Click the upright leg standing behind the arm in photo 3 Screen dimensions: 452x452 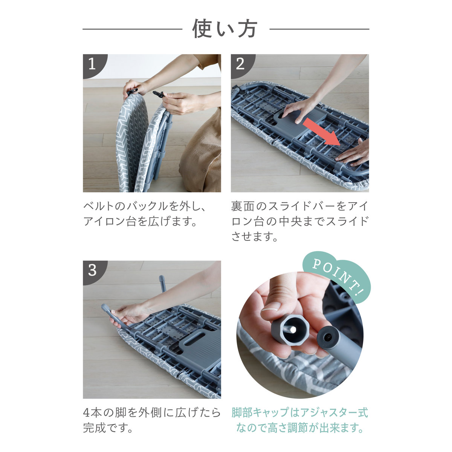(162, 284)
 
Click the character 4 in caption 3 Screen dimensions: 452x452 (87, 413)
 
